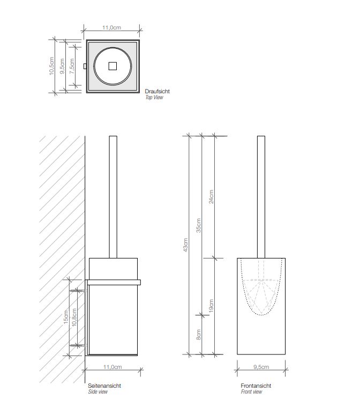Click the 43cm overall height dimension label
tap(185, 245)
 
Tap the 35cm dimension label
tap(198, 225)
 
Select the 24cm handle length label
tap(212, 197)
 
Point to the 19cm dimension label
tap(211, 306)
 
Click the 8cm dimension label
tap(198, 335)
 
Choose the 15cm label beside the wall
tap(66, 317)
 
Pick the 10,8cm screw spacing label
tap(74, 317)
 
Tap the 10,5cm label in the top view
tap(51, 66)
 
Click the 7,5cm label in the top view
tap(72, 66)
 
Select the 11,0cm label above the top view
tap(111, 27)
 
